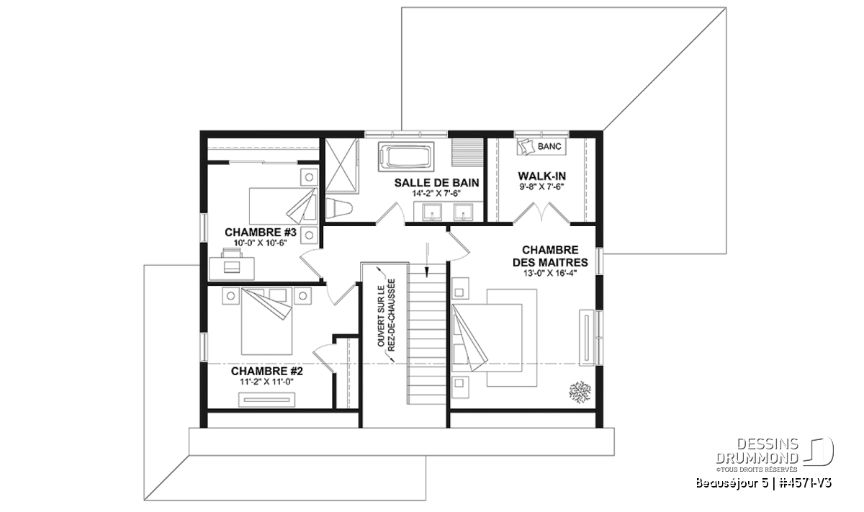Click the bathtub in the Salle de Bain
[406, 157]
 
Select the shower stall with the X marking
[342, 165]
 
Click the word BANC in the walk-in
[549, 147]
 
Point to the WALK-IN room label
[541, 176]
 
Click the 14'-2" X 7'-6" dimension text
[436, 194]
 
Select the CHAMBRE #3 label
[261, 233]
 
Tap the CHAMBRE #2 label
[267, 371]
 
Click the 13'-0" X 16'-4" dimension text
[550, 274]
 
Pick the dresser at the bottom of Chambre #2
[266, 400]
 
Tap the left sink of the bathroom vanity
[432, 212]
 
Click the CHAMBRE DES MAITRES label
[550, 256]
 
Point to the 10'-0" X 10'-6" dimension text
[261, 243]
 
